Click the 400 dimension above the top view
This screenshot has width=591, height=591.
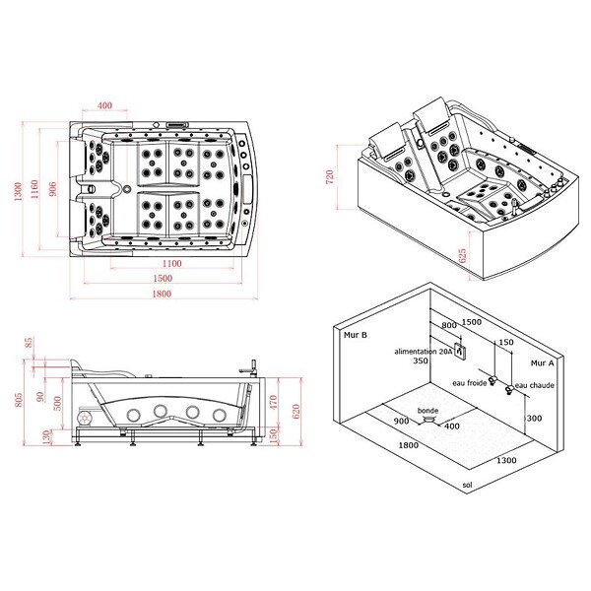104,105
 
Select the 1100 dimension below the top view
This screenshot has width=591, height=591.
171,263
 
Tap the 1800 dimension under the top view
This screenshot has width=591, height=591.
162,294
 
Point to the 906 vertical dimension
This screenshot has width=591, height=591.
53,188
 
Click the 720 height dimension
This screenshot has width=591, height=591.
329,176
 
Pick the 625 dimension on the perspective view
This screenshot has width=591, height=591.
462,255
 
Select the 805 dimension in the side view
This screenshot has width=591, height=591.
18,400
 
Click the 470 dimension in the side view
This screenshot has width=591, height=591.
274,402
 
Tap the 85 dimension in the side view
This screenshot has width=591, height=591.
29,343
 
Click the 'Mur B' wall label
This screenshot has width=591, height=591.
355,335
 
